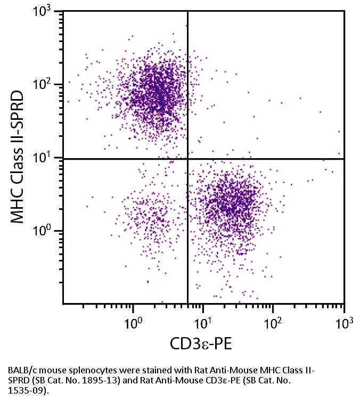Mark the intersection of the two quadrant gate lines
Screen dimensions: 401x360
point(187,159)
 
